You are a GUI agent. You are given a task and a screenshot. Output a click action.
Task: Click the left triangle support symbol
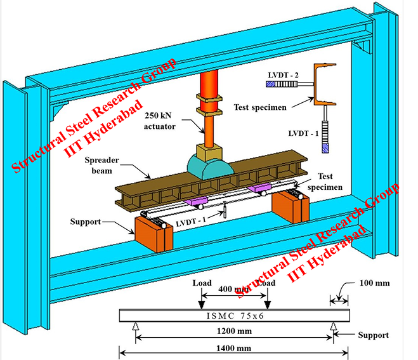pyautogui.click(x=134, y=327)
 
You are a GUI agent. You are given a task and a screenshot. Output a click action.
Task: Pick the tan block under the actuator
pyautogui.click(x=209, y=151)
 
